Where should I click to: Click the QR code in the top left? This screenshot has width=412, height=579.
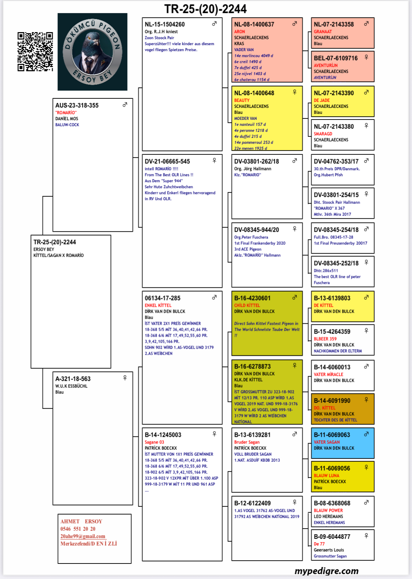[x=35, y=51]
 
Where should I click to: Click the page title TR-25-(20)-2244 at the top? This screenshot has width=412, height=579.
[x=205, y=9]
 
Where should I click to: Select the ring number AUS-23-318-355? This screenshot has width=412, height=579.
[x=77, y=105]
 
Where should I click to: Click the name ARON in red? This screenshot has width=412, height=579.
[x=239, y=31]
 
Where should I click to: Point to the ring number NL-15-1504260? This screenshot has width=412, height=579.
[x=164, y=24]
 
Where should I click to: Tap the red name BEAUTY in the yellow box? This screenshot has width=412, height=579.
[x=242, y=100]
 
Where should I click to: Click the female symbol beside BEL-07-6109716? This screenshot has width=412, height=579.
[x=366, y=57]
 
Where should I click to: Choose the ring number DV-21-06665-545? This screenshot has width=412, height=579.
[x=167, y=161]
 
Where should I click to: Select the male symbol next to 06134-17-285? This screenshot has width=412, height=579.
[x=214, y=297]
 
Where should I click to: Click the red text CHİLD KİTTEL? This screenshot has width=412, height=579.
[x=247, y=305]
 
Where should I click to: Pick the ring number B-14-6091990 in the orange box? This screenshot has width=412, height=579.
[x=332, y=401]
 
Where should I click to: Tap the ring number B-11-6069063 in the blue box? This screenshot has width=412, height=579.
[x=332, y=435]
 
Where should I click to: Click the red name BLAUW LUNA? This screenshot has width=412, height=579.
[x=326, y=476]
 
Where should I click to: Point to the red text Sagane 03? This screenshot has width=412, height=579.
[x=154, y=442]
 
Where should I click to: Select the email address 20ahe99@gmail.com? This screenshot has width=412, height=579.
[x=83, y=536]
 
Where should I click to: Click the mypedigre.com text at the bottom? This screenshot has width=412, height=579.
[x=326, y=571]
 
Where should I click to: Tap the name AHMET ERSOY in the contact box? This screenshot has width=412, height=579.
[x=81, y=522]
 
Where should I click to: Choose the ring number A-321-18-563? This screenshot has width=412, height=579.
[x=73, y=379]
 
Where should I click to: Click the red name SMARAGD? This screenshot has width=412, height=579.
[x=323, y=134]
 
